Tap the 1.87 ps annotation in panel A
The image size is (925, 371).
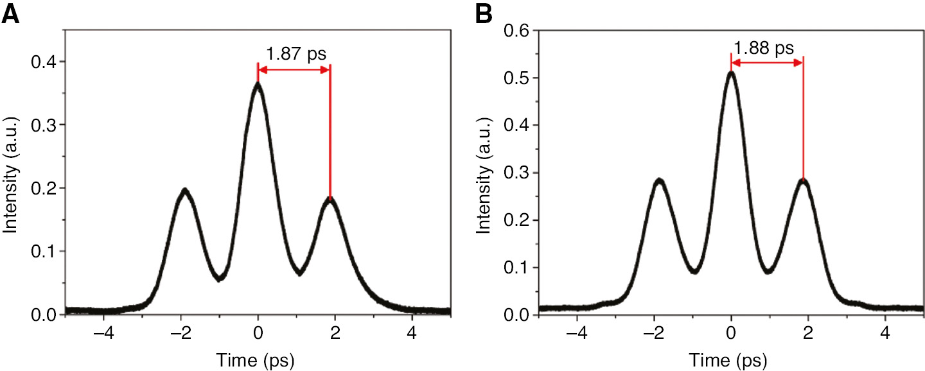(296, 53)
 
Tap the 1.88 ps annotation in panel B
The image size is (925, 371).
(764, 47)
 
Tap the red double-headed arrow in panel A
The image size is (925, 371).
(294, 69)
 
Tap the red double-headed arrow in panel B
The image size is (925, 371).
(767, 62)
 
